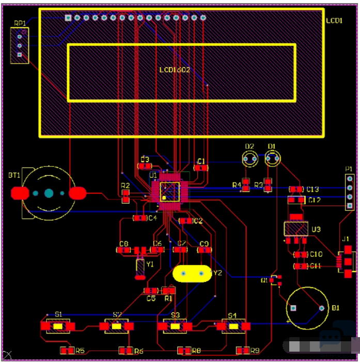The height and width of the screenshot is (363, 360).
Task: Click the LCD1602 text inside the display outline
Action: pos(175,70)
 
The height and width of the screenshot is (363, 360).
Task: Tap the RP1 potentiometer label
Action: pos(20,23)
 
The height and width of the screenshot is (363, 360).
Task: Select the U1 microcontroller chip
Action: pos(169,191)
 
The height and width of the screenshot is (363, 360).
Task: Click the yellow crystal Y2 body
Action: pos(192,273)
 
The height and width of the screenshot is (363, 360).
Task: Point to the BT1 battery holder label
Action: pos(14,175)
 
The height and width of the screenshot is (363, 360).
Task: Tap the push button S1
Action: pos(58,326)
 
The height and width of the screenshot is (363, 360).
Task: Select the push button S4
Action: pos(232,326)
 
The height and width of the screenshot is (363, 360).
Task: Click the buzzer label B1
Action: pos(336,308)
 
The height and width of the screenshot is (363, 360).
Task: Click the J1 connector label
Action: pos(346,239)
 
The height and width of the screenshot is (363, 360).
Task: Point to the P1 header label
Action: pos(349,169)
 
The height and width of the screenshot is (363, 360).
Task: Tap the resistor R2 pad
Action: pos(126,196)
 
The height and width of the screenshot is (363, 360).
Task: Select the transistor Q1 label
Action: pos(264,280)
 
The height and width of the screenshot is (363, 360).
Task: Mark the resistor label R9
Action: pos(255,351)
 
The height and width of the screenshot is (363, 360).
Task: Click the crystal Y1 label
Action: pos(150,264)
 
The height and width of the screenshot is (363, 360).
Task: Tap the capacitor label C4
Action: pos(152,218)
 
